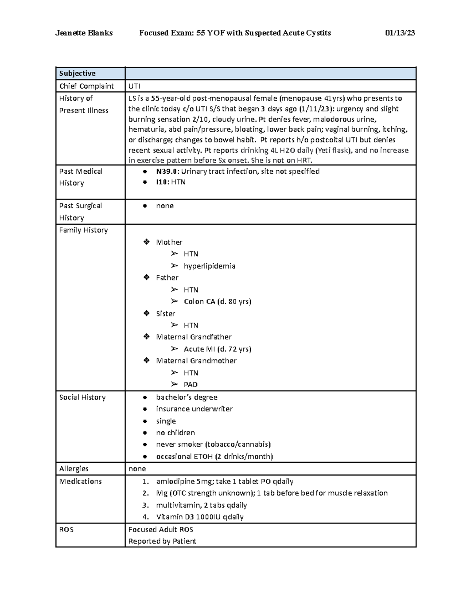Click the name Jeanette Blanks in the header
(84, 33)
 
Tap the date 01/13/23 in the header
(400, 33)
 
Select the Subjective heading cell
(77, 73)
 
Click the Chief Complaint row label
(86, 86)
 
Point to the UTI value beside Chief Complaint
(134, 86)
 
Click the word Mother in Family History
(169, 242)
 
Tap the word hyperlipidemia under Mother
(209, 266)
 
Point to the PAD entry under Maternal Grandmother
(190, 385)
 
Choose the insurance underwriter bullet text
(194, 409)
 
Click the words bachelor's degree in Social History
(186, 397)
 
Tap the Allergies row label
(74, 469)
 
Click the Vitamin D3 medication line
(199, 517)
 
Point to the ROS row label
(66, 529)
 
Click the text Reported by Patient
(162, 541)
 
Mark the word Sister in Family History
(165, 313)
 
